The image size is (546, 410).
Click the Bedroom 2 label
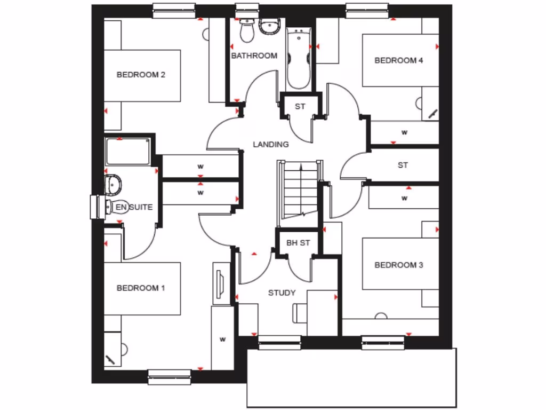click(141, 75)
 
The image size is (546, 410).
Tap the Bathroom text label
click(254, 56)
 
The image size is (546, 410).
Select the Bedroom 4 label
click(399, 60)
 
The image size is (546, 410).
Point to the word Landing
click(270, 144)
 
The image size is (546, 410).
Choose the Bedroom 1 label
click(141, 288)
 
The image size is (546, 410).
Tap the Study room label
click(282, 293)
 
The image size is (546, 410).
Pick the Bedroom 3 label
click(399, 265)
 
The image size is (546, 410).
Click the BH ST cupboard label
click(298, 243)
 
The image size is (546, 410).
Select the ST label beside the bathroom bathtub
click(300, 106)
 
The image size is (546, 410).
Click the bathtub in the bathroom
click(299, 59)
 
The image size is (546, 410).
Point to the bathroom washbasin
click(270, 26)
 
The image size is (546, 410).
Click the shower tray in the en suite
click(127, 151)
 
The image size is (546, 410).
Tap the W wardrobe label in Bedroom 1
click(223, 338)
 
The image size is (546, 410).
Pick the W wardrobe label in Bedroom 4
click(404, 131)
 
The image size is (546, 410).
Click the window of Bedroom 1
click(169, 377)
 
